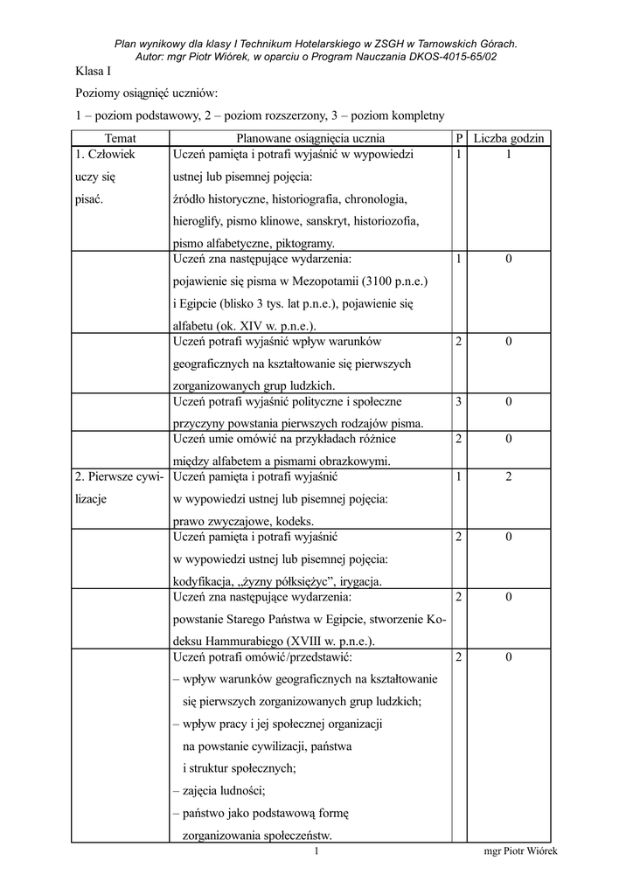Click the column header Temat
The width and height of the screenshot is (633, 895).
point(120,138)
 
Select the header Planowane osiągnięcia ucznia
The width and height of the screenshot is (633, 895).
point(310,138)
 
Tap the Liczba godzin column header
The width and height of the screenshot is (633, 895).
point(509,138)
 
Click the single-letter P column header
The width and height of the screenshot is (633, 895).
point(459,138)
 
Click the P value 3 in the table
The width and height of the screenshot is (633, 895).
point(458,401)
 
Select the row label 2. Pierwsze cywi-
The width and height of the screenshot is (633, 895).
point(119,477)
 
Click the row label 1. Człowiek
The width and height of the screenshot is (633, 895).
point(110,155)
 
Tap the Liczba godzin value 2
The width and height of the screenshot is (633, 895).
point(509,477)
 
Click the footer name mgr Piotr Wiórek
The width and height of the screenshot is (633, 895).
point(520,851)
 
